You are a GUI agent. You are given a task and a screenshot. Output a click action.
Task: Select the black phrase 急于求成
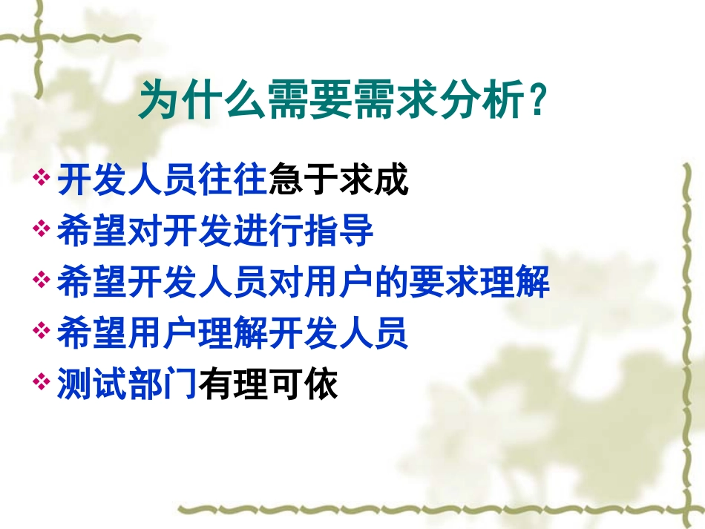coord(338,181)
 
